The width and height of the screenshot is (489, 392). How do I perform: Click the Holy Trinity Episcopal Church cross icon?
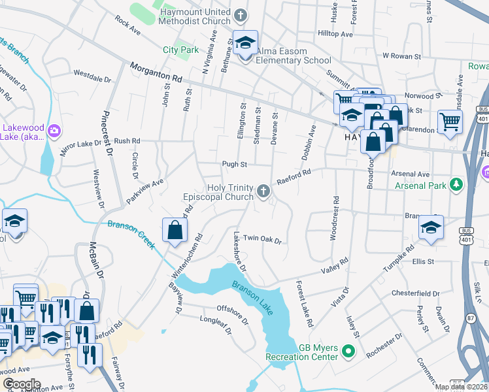[263, 190]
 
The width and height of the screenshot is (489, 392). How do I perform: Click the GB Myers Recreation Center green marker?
[348, 352]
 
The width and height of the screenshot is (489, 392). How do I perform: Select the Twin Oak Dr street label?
[261, 240]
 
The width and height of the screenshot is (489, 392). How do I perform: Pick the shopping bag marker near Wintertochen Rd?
[175, 230]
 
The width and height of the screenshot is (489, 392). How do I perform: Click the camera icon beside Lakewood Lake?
[54, 132]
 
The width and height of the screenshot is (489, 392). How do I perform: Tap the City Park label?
[180, 50]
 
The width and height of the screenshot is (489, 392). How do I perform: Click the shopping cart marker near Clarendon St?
[450, 122]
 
